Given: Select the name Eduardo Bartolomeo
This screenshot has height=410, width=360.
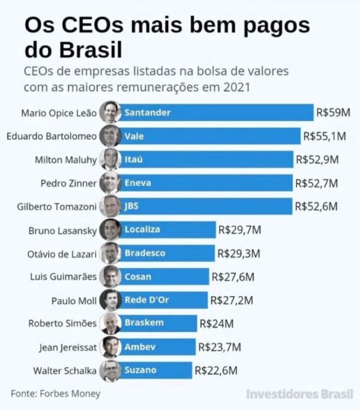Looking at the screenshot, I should click(x=52, y=136).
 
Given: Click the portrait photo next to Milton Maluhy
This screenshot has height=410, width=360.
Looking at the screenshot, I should click(x=109, y=160).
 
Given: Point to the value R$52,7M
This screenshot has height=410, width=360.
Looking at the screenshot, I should click(x=317, y=183).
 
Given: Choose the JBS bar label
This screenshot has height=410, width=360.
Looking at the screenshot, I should click(x=132, y=206).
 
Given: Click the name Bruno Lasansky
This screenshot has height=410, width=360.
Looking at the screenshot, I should click(x=63, y=230).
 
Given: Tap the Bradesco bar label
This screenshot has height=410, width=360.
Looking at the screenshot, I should click(x=145, y=253).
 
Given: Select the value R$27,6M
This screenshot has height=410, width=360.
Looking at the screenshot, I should click(x=233, y=277).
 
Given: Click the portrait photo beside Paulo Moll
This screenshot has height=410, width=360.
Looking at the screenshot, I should click(x=109, y=300).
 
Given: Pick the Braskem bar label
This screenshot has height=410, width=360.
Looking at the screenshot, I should click(x=144, y=323).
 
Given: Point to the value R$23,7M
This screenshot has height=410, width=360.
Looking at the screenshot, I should click(x=219, y=347).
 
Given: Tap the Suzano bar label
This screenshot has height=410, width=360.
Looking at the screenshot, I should click(x=140, y=370).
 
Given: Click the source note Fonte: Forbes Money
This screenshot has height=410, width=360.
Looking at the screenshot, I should click(x=56, y=395).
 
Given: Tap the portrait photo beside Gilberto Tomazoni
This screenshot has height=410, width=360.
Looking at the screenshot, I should click(x=109, y=206).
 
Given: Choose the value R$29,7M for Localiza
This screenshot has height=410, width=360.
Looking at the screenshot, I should click(x=239, y=230).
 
